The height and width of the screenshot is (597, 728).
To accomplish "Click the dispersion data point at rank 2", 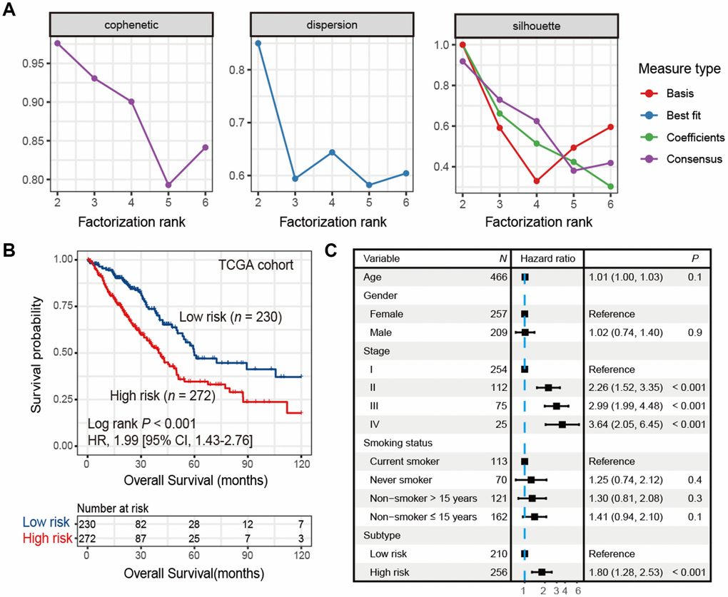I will click(258, 43).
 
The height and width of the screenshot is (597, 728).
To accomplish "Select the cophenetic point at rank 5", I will click(168, 185).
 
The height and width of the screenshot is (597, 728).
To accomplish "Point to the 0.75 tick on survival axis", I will click(66, 306).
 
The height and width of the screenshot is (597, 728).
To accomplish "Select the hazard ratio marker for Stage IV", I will click(562, 424).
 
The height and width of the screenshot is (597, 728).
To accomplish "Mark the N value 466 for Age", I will click(497, 277).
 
